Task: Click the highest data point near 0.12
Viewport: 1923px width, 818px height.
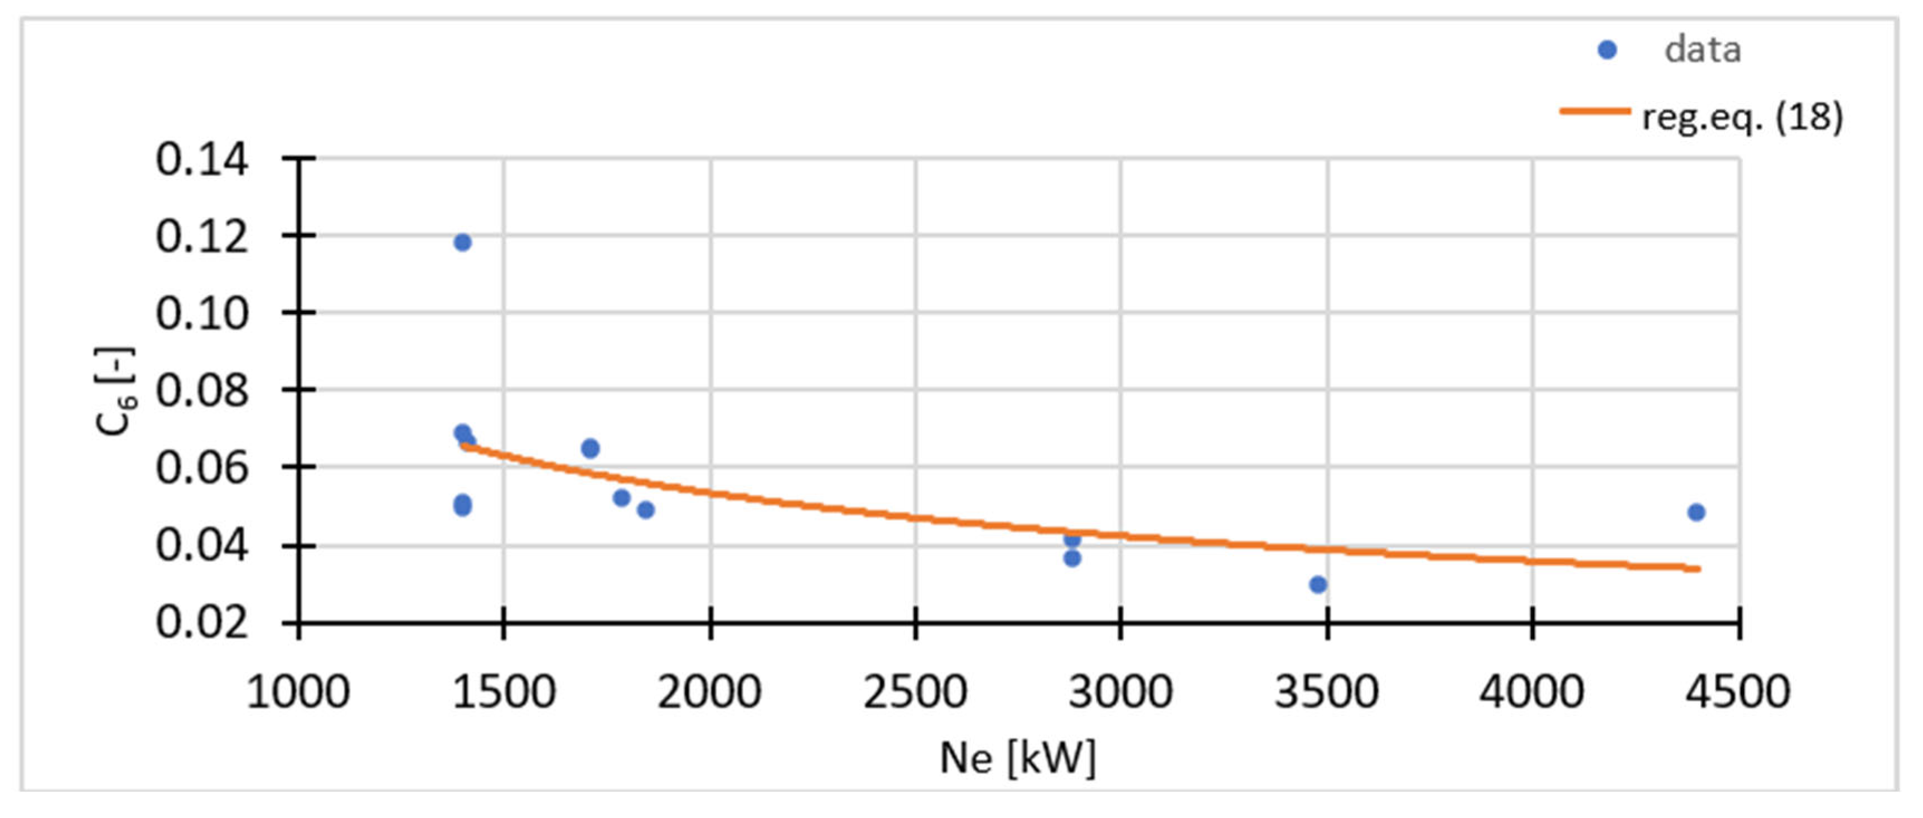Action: coord(462,242)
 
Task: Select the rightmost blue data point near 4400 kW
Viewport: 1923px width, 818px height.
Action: coord(1695,512)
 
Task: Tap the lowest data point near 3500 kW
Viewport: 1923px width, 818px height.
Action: coord(1317,584)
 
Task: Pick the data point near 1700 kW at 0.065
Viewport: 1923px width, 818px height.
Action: coord(590,448)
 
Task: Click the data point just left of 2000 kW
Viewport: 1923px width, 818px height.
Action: coord(646,510)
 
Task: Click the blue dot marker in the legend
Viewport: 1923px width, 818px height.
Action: coord(1606,50)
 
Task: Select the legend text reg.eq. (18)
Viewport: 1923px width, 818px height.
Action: coord(1742,117)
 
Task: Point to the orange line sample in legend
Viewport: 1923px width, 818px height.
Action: coord(1595,111)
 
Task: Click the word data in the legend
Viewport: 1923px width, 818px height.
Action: coord(1702,50)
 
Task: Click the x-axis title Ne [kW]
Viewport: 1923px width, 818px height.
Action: coord(1017,758)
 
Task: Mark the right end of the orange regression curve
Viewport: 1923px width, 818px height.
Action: coord(1698,569)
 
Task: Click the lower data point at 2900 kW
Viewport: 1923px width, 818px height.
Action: coord(1072,558)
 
